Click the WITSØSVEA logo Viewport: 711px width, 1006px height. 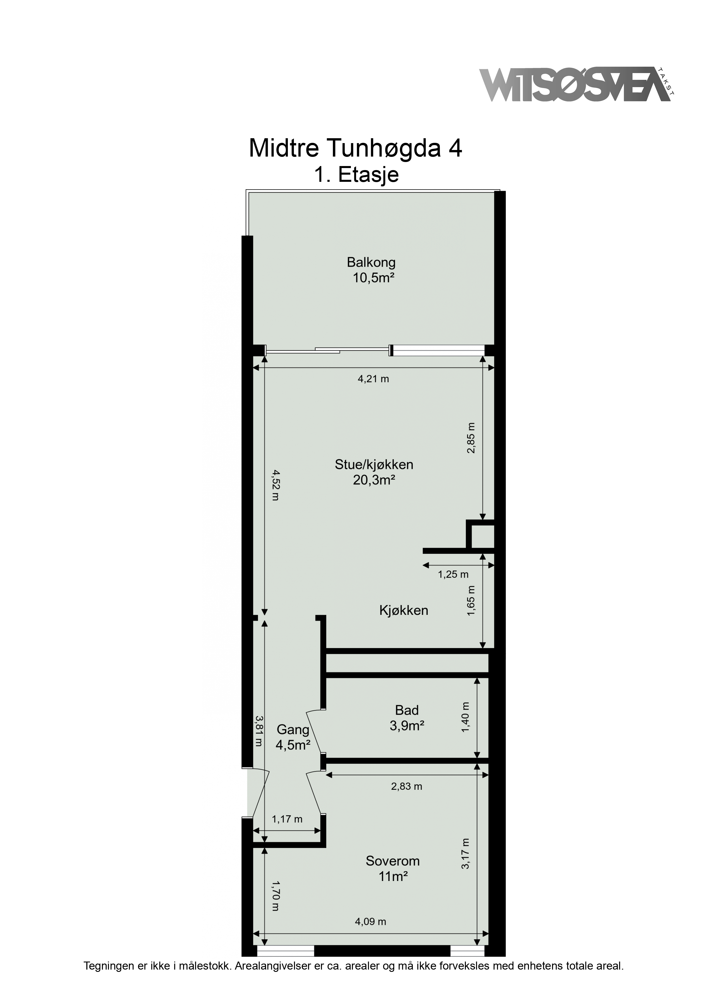coord(577,85)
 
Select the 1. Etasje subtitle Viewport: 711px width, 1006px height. coord(356,175)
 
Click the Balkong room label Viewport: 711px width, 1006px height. coord(371,262)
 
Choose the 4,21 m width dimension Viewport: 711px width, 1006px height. coord(373,379)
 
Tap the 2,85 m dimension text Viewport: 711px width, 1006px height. coord(471,438)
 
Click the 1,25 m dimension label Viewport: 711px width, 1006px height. coord(453,574)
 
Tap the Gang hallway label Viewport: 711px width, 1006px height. coord(293,730)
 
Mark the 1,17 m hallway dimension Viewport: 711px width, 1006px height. coord(287,819)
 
